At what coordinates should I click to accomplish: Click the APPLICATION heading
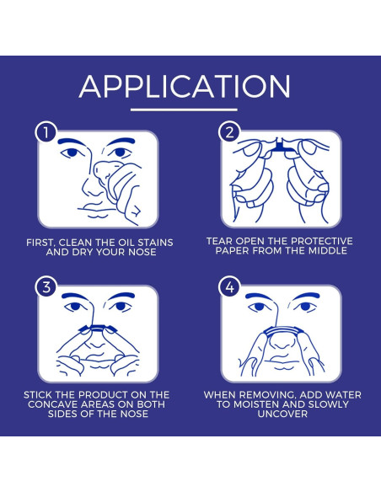[185, 87]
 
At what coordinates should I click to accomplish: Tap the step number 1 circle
[46, 132]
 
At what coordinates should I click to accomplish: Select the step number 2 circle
[230, 132]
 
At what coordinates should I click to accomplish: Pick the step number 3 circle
[46, 286]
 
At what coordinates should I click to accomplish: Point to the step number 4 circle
[230, 286]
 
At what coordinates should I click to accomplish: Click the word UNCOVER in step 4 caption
[282, 414]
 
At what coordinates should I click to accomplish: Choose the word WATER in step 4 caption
[343, 395]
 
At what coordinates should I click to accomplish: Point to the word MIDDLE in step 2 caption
[328, 250]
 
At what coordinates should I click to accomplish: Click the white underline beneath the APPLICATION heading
[184, 110]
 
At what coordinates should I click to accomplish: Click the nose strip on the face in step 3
[98, 329]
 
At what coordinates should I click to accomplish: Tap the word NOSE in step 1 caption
[142, 252]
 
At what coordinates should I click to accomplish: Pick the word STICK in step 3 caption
[38, 395]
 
